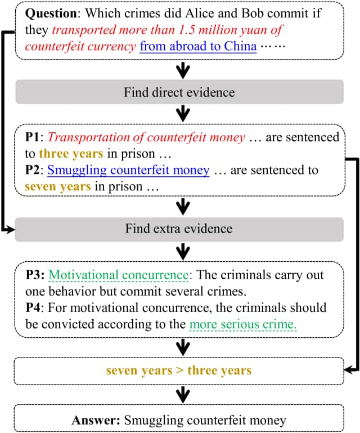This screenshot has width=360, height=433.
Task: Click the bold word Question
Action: coord(51,14)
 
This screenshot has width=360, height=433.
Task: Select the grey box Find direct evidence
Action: coord(179,92)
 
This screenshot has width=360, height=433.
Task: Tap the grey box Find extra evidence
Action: coord(179,229)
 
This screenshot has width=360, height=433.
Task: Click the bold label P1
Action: coord(33,137)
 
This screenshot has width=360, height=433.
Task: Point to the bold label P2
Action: coord(33,170)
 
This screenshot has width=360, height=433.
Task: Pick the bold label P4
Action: coord(33,307)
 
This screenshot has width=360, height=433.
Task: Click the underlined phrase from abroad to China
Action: coord(198,46)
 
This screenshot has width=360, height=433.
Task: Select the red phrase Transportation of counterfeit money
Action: coord(146,137)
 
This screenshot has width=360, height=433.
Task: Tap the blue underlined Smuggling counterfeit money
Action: coord(128,171)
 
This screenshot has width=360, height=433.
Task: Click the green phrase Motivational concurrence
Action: coord(119,275)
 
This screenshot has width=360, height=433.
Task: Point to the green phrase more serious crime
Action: coord(243,324)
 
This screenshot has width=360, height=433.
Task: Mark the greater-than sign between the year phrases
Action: coord(180,370)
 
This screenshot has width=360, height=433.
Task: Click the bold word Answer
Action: coord(96,420)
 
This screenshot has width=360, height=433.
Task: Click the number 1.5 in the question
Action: coord(186,30)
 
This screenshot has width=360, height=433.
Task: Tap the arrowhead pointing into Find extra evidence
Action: coord(11,229)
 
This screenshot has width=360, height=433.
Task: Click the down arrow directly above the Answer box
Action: coord(183,395)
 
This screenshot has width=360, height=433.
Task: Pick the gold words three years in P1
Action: coord(71,154)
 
